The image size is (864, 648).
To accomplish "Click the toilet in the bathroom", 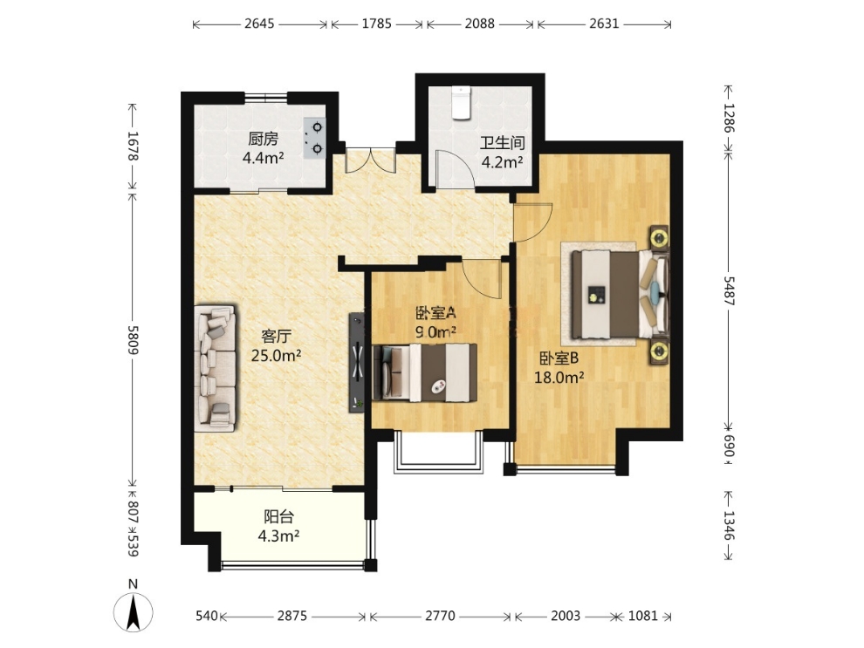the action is (x=460, y=102).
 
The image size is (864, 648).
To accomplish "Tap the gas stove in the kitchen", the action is (x=314, y=138).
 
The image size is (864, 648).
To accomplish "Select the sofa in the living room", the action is (x=215, y=367).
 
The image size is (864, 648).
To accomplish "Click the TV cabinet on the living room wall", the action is (x=357, y=362).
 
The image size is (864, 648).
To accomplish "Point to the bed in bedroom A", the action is (x=425, y=372).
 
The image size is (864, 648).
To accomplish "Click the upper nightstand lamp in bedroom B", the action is (x=658, y=238).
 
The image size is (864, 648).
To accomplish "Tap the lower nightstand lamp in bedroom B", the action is (x=658, y=351).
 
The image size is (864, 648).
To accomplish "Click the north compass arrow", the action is (x=133, y=611).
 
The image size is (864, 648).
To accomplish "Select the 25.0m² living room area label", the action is (x=276, y=356).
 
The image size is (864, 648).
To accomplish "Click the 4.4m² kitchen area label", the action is (x=264, y=159).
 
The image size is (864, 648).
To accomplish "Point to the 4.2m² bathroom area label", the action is (x=502, y=162).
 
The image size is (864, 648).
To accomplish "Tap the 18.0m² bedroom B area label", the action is (x=559, y=378).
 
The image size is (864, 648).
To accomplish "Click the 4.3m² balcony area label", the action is (x=278, y=535).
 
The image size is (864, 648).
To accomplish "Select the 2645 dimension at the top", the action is (x=259, y=24).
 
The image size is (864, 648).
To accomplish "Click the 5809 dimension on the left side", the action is (x=133, y=339).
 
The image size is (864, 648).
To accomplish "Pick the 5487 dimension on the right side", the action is (x=729, y=290).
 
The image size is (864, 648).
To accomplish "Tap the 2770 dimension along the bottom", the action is (x=440, y=616).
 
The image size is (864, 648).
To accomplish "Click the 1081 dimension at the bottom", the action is (x=642, y=616).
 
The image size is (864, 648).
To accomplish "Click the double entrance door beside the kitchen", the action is (x=370, y=160).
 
